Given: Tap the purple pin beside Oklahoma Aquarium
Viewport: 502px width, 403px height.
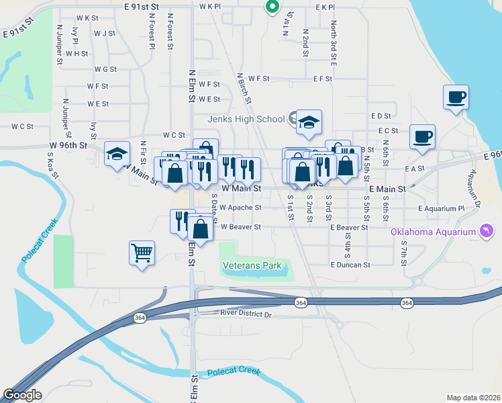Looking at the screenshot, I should [x=487, y=232].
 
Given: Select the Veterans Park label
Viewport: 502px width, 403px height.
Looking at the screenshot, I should [x=252, y=265].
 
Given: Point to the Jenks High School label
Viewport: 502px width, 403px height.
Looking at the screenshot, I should [x=246, y=120].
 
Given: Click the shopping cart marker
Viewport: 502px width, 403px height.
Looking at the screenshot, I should [x=142, y=253].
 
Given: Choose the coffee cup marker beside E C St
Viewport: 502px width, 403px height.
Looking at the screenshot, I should [x=423, y=137].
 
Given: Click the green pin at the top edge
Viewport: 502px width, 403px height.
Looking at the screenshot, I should [x=272, y=7].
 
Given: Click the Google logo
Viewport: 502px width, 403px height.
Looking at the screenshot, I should [x=22, y=395].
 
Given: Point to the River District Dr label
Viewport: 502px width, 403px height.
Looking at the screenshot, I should [x=246, y=314].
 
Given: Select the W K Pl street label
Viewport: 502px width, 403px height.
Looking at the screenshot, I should [x=210, y=6].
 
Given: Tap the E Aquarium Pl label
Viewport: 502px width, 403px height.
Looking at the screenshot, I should [x=440, y=209].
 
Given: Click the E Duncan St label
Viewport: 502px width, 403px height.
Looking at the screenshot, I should [x=350, y=265].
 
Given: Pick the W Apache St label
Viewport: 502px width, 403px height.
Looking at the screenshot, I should [x=240, y=208].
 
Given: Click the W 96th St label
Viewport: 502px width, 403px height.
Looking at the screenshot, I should [x=68, y=145].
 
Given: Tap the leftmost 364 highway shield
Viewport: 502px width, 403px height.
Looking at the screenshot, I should [x=139, y=318].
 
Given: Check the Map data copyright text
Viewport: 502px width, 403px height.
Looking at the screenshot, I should [x=473, y=398].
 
